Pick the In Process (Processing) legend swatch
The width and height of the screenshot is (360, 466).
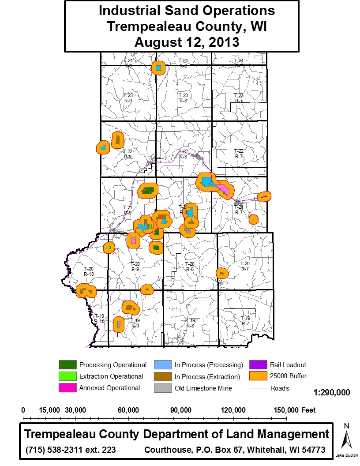click(161, 365)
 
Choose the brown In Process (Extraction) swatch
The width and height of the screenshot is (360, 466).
click(161, 376)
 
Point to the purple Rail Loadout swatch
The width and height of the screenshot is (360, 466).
click(257, 365)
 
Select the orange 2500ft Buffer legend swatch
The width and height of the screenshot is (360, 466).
click(257, 376)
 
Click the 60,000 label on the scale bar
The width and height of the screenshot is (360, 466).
click(129, 410)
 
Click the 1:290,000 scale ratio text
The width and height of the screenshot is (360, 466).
click(332, 392)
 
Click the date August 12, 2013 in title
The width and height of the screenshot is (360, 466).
click(187, 42)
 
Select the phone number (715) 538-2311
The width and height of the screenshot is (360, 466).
click(56, 450)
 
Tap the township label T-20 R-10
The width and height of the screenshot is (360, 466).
click(89, 271)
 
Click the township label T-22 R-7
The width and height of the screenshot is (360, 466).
click(239, 154)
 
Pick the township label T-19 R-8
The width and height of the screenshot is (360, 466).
click(190, 323)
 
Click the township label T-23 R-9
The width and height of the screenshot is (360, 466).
click(128, 98)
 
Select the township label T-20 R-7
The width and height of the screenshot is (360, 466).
click(244, 266)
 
